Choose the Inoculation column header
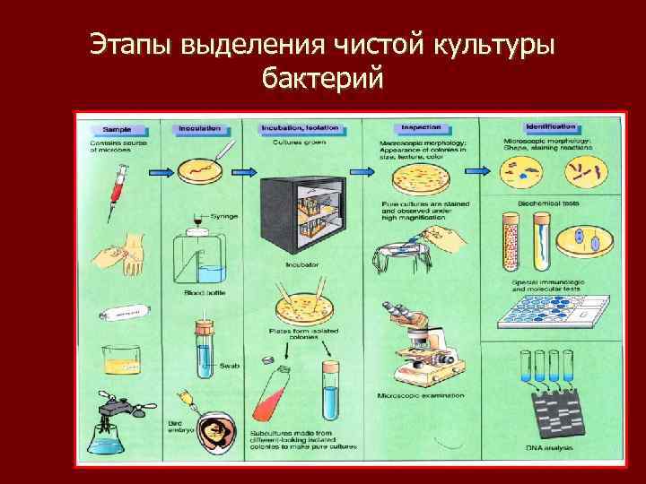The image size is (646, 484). click(200, 129)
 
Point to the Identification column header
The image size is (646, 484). click(550, 127)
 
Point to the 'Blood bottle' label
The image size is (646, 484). click(200, 292)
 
